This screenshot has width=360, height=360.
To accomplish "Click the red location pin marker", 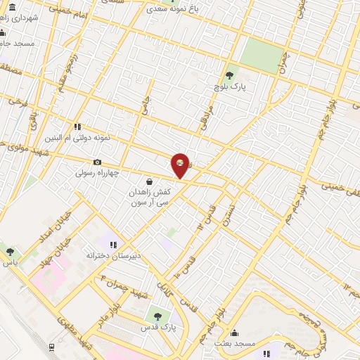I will pyautogui.click(x=181, y=165).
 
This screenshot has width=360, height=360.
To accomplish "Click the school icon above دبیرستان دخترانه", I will pyautogui.click(x=112, y=245).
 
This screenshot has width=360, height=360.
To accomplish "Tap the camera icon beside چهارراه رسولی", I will pyautogui.click(x=97, y=162).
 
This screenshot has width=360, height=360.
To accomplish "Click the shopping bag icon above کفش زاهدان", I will pyautogui.click(x=148, y=181).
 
